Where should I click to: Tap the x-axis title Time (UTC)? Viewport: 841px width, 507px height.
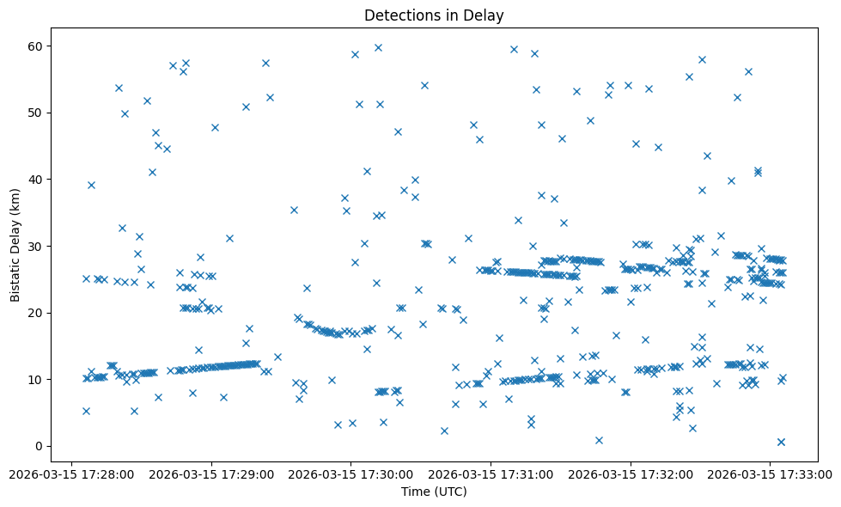434,492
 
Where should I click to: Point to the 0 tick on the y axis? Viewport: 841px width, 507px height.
39,446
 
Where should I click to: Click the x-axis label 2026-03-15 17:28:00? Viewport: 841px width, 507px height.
71,473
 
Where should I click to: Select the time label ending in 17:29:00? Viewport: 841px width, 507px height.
211,473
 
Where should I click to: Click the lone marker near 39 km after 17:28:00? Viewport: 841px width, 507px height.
91,185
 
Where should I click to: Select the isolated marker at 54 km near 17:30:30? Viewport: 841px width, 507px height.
424,85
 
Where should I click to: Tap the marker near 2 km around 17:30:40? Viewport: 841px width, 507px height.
444,431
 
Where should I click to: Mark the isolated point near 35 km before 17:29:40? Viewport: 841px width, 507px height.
294,210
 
